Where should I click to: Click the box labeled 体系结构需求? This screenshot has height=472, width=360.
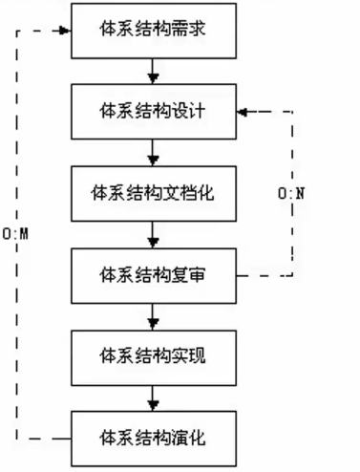(154, 31)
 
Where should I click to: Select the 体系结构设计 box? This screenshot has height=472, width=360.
(154, 112)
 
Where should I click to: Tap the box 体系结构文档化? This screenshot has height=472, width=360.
(154, 194)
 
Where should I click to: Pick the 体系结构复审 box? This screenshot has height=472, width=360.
(154, 276)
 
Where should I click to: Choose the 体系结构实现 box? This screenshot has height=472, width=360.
(154, 358)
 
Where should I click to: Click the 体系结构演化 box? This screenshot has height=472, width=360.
(154, 439)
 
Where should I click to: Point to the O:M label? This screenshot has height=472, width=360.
(15, 234)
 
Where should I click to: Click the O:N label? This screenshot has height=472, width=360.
(291, 193)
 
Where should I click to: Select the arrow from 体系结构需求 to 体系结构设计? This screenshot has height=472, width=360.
(153, 72)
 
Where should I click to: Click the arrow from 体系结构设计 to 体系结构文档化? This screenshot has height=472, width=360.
(153, 153)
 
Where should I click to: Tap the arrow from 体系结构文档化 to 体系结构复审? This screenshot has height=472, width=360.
(153, 235)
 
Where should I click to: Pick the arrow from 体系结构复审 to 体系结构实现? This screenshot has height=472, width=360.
(153, 317)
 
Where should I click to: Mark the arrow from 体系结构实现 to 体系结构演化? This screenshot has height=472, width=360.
(153, 398)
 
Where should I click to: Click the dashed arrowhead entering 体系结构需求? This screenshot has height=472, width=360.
(66, 31)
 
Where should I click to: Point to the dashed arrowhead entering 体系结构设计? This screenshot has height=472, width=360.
(243, 112)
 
